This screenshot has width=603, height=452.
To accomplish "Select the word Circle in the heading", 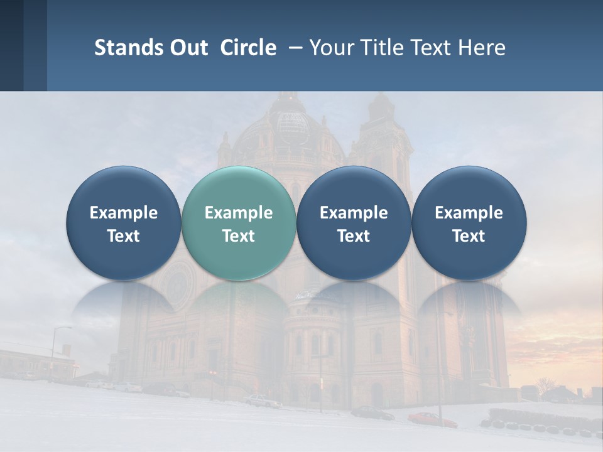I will pyautogui.click(x=248, y=48).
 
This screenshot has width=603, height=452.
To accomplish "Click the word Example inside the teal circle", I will pyautogui.click(x=239, y=213).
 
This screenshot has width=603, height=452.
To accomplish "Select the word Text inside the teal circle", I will pyautogui.click(x=239, y=236).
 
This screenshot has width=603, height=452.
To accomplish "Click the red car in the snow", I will pyautogui.click(x=432, y=419).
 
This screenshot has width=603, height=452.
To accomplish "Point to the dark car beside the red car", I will pyautogui.click(x=372, y=412).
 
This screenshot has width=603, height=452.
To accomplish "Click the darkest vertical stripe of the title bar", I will pyautogui.click(x=11, y=45).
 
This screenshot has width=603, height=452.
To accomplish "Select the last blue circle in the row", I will pyautogui.click(x=469, y=223).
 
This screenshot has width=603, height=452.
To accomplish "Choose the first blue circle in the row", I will pyautogui.click(x=124, y=223).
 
